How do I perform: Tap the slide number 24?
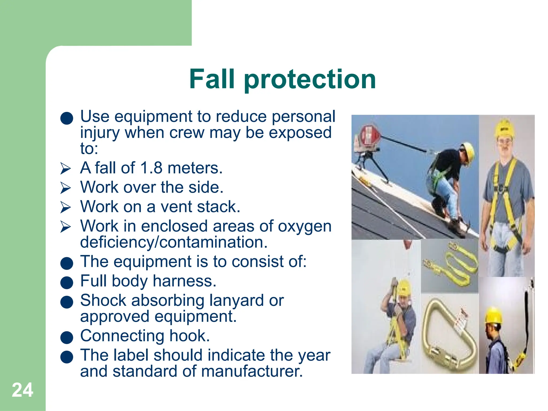22,390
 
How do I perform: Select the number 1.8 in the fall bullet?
151,168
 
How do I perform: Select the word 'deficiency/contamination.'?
174,242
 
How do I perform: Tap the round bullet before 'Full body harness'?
67,283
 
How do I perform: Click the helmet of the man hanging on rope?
404,288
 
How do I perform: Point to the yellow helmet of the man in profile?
494,315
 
